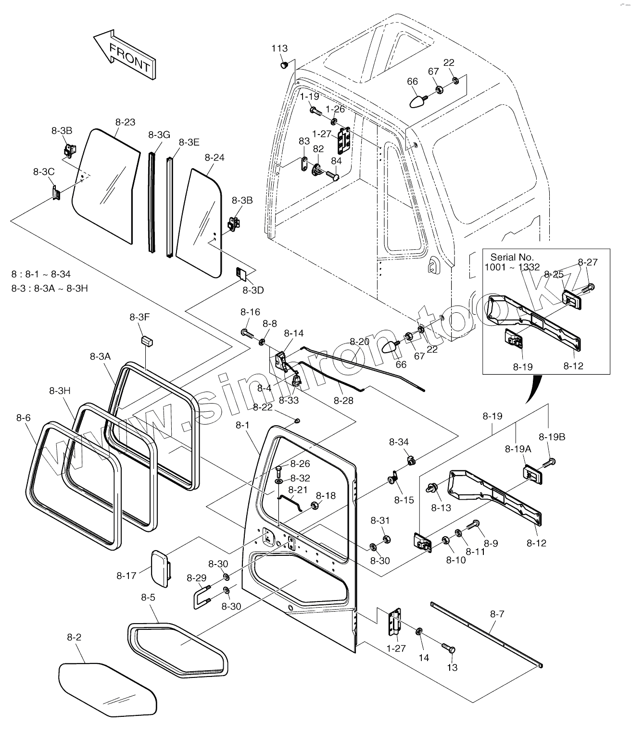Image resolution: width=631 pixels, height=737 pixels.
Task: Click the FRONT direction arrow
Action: (125, 55)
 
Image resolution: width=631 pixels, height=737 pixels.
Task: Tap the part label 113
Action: (279, 49)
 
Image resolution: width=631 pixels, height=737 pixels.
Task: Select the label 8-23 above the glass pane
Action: (125, 123)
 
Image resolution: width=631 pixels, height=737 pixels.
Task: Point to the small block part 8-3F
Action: (147, 341)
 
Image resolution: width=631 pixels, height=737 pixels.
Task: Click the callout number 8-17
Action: (126, 576)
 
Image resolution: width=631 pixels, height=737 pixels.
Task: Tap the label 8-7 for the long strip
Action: (497, 614)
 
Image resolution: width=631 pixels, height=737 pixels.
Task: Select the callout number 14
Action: (424, 658)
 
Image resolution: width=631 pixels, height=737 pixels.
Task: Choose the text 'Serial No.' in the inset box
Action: (512, 257)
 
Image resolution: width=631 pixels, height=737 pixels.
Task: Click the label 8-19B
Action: (552, 437)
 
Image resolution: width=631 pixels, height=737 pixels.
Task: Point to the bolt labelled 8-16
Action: (247, 333)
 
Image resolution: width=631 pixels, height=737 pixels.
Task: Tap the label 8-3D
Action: (253, 290)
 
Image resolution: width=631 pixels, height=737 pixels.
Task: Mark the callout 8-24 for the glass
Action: (215, 157)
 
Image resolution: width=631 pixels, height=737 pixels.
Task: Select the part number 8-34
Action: (399, 442)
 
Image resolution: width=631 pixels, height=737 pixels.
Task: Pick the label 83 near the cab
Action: (304, 141)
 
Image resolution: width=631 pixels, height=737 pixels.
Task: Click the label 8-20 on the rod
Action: (359, 342)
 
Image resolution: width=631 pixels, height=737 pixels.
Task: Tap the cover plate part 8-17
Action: (161, 569)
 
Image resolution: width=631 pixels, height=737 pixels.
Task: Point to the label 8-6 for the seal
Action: (24, 418)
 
